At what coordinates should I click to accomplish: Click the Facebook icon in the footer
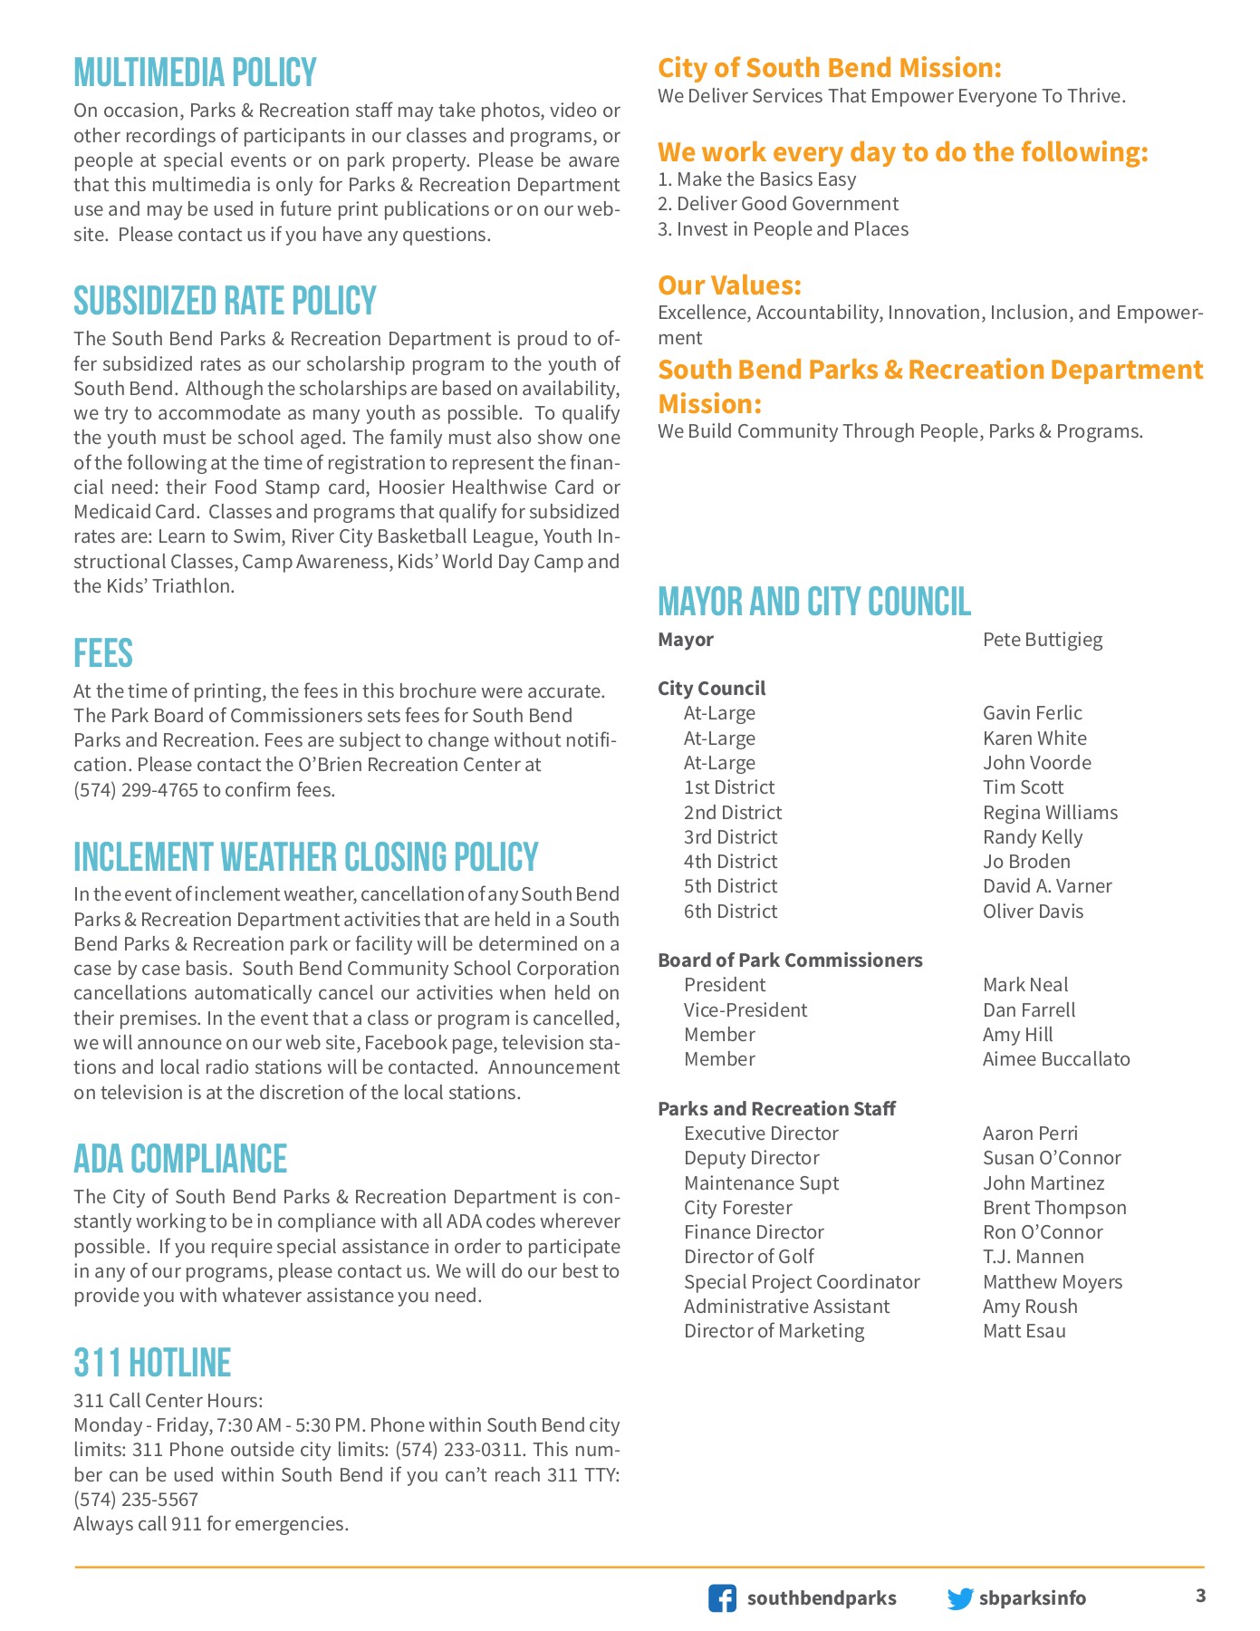(x=722, y=1597)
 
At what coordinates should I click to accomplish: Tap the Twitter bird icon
(x=959, y=1598)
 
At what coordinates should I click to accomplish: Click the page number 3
(x=1200, y=1596)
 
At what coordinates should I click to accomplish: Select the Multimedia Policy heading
(x=195, y=72)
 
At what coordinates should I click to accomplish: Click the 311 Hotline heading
(x=152, y=1363)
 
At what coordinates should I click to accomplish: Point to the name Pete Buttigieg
(x=1043, y=640)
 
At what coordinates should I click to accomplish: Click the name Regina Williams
(x=1050, y=813)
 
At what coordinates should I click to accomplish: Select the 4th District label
(x=730, y=862)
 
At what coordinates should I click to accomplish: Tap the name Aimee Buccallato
(x=1056, y=1059)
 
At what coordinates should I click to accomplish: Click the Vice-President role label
(x=745, y=1010)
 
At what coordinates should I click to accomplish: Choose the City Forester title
(x=737, y=1208)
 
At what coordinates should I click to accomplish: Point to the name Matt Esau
(x=1024, y=1331)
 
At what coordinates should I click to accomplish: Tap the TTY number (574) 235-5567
(x=136, y=1500)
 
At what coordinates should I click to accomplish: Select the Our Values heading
(x=729, y=285)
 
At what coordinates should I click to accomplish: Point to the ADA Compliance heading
(x=180, y=1159)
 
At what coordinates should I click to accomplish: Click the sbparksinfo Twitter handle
(x=1033, y=1598)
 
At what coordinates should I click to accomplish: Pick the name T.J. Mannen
(x=1034, y=1257)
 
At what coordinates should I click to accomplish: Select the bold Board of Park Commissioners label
(x=790, y=960)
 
